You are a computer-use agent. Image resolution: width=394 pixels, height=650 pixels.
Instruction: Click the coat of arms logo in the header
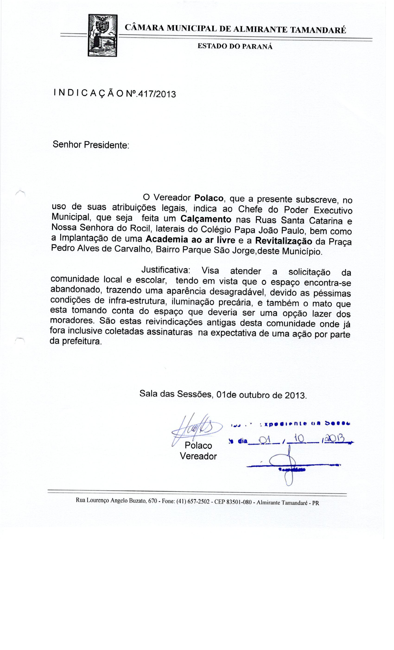click(102, 35)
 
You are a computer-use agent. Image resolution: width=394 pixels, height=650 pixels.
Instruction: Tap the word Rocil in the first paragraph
click(140, 228)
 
